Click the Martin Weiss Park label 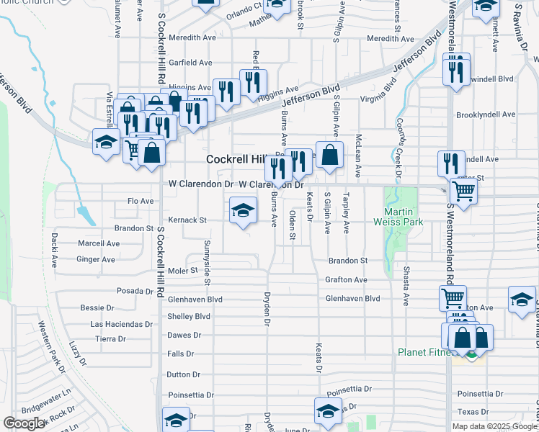(x=401, y=217)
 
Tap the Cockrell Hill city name (x=236, y=159)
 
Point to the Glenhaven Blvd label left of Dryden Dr (x=195, y=298)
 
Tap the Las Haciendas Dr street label (x=119, y=324)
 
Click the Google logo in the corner (x=24, y=423)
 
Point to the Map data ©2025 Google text (x=494, y=426)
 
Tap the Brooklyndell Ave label (x=486, y=114)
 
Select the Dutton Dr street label (x=183, y=374)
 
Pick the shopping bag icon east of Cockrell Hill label (x=329, y=154)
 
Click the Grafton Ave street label (x=346, y=279)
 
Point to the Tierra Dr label (x=110, y=338)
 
